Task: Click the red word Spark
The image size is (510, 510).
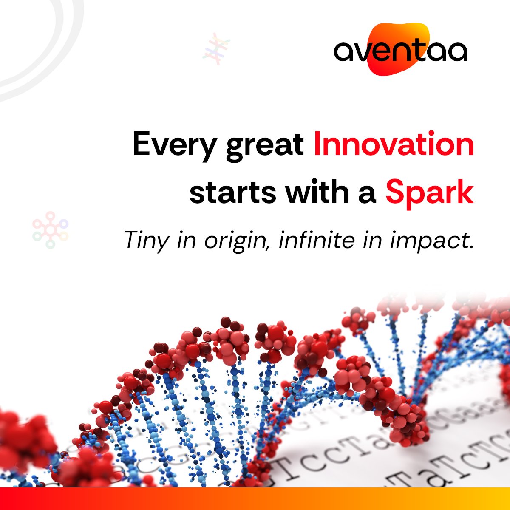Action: tap(429, 193)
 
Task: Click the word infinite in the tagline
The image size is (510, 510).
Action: tap(317, 241)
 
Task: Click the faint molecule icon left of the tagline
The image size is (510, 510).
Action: tap(50, 229)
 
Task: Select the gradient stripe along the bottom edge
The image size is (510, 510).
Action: tap(255, 499)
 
